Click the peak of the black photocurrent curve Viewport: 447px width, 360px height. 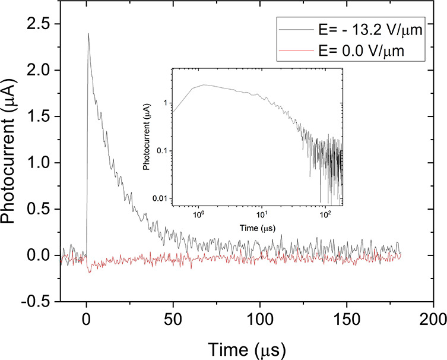coord(88,34)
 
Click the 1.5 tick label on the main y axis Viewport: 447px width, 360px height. coord(40,117)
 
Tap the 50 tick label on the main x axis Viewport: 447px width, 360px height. coord(173,316)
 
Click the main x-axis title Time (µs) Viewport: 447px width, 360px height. coord(246,345)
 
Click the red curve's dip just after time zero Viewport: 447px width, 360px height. coord(90,271)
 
